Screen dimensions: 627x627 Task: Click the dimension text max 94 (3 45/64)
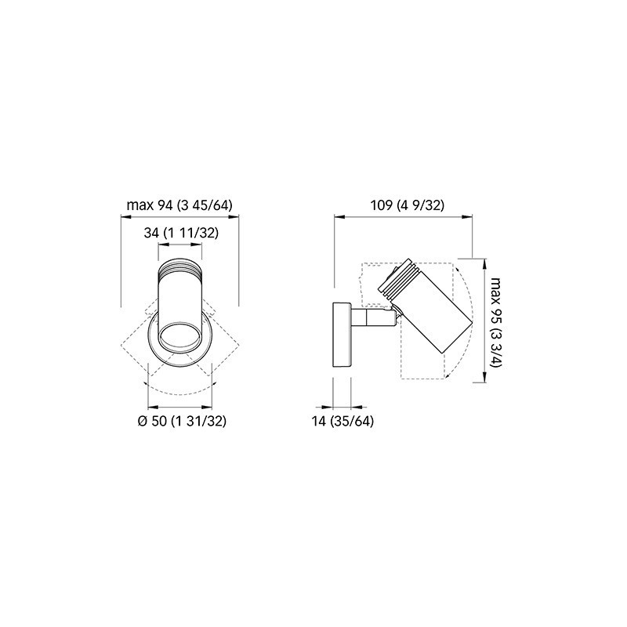179,205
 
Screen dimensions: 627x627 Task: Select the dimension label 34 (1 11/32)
181,233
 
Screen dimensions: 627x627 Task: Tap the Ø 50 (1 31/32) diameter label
182,421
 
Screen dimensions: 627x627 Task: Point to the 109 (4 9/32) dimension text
408,205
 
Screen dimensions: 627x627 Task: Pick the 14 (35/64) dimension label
342,421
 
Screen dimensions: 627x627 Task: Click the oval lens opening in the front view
180,336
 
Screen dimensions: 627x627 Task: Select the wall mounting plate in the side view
342,335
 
